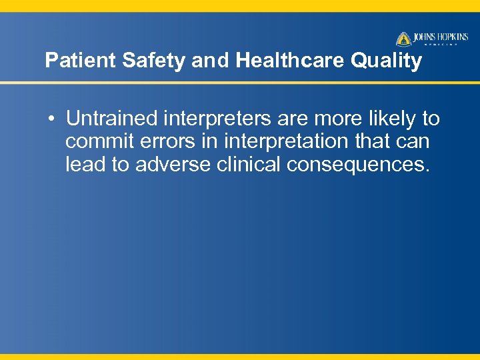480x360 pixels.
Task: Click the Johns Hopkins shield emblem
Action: pos(404,39)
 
